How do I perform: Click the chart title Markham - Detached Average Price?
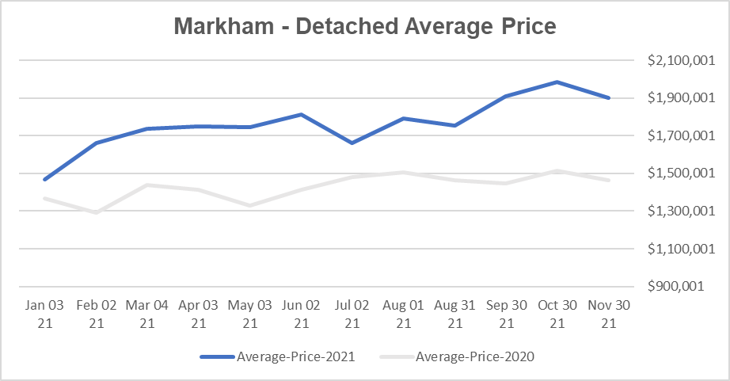tap(365, 26)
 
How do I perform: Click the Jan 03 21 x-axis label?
tap(45, 314)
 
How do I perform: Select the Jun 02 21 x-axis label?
tap(301, 314)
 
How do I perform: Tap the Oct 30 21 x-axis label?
tap(557, 314)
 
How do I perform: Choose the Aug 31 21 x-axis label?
tap(455, 314)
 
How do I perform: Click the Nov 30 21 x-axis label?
tap(609, 314)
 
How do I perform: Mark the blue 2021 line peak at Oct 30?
tap(557, 82)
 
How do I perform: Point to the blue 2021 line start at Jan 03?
tap(45, 180)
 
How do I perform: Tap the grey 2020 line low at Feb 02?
tap(97, 212)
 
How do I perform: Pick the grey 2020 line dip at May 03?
tap(250, 205)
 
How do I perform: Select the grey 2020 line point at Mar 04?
tap(147, 185)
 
